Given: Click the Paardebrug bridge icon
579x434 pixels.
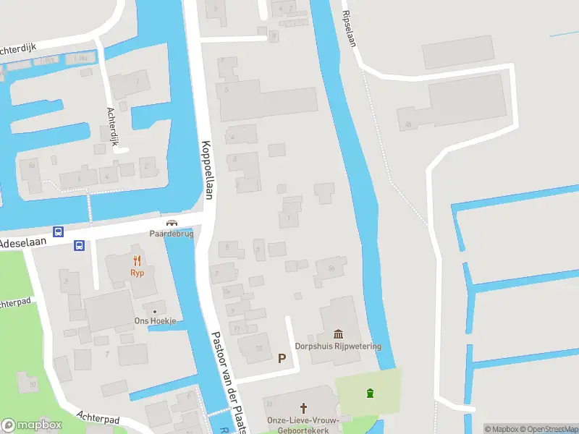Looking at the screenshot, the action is point(172,223).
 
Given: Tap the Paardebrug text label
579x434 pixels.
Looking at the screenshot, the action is point(172,234).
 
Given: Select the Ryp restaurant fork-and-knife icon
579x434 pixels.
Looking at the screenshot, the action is point(137,261).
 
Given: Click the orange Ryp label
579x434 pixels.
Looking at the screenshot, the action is point(137,273).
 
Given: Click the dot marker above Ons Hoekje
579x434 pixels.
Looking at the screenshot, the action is point(153,311).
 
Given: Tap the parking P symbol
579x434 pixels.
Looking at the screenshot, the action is point(282,358).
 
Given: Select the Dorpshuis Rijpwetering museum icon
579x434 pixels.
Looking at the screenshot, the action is point(338,333).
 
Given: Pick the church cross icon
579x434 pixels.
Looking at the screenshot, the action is point(303,408).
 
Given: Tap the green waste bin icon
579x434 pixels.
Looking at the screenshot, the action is point(371,393).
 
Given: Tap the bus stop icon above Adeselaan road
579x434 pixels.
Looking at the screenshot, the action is point(59,232).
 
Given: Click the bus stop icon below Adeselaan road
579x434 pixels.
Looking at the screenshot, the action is point(79,246).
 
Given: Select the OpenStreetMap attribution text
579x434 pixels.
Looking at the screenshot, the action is point(548,429).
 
